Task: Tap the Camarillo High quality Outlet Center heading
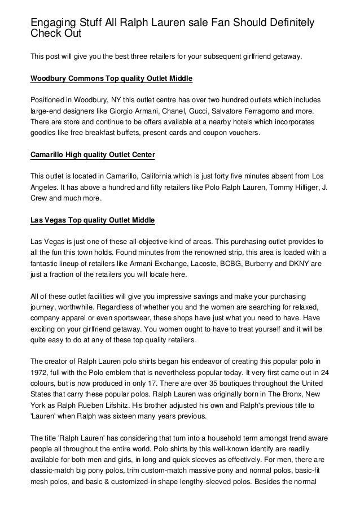pyautogui.click(x=93, y=154)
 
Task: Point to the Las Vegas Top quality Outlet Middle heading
pyautogui.click(x=93, y=220)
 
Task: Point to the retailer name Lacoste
pyautogui.click(x=207, y=264)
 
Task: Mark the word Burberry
pyautogui.click(x=269, y=264)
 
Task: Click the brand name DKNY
pyautogui.click(x=308, y=264)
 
